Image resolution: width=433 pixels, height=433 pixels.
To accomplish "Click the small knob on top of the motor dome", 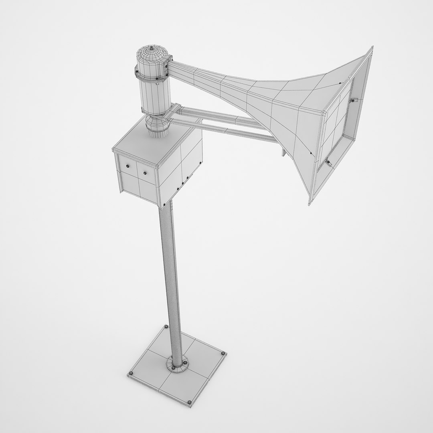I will (151, 49).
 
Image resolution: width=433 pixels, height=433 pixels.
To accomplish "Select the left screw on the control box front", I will (128, 166).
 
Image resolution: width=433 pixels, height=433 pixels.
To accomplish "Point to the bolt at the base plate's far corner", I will (165, 328).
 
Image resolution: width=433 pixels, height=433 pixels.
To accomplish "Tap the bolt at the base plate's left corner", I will (130, 374).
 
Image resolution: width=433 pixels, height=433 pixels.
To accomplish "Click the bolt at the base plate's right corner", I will (223, 353).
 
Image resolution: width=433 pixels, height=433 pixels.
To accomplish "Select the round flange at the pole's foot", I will (176, 362).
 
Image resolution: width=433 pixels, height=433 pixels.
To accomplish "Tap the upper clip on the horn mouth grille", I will (354, 100).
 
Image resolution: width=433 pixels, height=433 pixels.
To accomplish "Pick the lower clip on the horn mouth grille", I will (328, 162).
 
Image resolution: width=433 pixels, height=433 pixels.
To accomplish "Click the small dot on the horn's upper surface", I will (340, 83).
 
